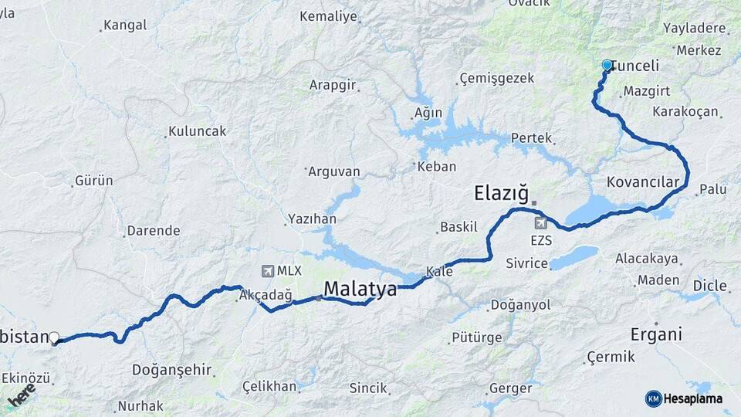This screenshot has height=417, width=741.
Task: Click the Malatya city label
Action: [360, 289]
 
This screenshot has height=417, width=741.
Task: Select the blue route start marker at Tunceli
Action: [607, 66]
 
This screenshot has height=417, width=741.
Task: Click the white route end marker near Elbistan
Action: [54, 337]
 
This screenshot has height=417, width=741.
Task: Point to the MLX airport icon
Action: [268, 270]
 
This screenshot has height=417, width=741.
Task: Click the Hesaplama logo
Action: [685, 398]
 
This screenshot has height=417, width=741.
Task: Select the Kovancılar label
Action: [642, 182]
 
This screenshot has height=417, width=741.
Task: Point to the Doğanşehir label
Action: [171, 370]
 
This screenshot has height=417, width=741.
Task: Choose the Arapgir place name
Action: [332, 85]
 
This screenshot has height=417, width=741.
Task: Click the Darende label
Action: [153, 230]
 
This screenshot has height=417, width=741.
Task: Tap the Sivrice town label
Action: [526, 263]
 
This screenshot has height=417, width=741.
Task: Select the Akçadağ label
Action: [266, 295]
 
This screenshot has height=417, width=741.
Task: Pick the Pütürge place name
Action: [476, 337]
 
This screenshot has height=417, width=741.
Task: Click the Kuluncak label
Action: [198, 131]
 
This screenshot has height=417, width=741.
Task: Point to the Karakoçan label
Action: [685, 111]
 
